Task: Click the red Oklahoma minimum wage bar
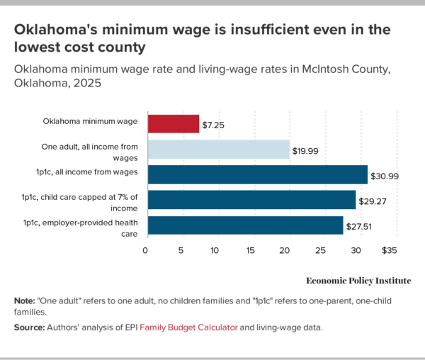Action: coord(173,123)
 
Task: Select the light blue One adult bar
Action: coord(217,149)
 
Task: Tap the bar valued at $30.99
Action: coord(256,174)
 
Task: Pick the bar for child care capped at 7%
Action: coord(251,200)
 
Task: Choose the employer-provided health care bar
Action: coord(244,225)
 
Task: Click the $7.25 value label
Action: coord(214,124)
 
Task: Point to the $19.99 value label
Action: coord(306,150)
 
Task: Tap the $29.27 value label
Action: coord(372,201)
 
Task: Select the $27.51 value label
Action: coord(359,226)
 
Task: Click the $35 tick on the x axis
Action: coord(389,250)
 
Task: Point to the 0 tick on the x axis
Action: coord(146,250)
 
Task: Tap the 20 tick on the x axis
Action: coord(285,250)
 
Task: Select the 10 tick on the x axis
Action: coord(216,250)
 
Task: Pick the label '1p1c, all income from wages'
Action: coord(80,171)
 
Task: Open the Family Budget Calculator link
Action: coord(188,327)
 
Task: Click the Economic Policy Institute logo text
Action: coord(358,281)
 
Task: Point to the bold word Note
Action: coord(25,300)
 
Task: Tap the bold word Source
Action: coord(30,327)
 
